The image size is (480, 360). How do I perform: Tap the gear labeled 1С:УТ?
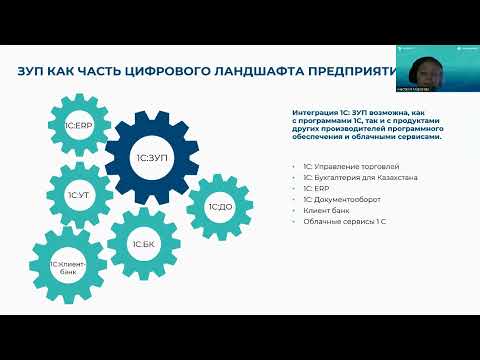(x=78, y=194)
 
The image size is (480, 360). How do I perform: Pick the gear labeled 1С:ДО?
(x=220, y=207)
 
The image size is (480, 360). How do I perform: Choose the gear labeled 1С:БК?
(x=143, y=242)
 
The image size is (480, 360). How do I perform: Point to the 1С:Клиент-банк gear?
(x=68, y=266)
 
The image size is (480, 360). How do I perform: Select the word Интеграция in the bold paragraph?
(x=317, y=113)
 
